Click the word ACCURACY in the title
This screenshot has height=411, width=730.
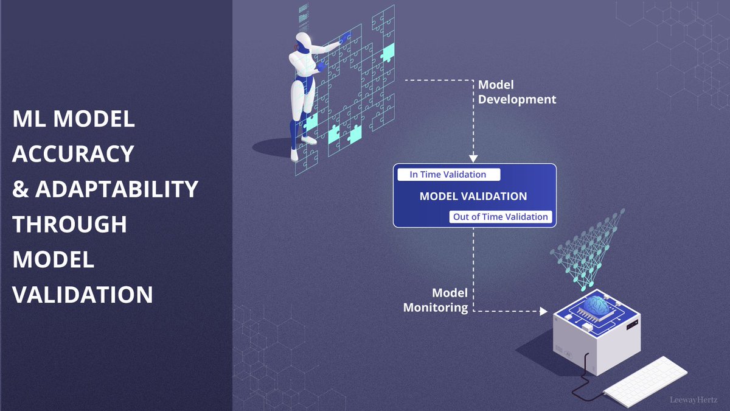[x=73, y=154]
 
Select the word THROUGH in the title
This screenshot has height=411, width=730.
[x=70, y=225]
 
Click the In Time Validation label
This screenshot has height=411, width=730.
[x=448, y=175]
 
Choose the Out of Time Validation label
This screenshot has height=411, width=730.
[x=501, y=217]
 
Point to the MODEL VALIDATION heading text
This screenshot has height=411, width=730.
[x=473, y=197]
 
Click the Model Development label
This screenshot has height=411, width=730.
[x=516, y=92]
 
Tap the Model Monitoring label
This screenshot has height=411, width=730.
[x=436, y=300]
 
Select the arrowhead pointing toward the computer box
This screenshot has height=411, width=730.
[x=543, y=311]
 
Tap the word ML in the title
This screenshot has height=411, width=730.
[x=29, y=119]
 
